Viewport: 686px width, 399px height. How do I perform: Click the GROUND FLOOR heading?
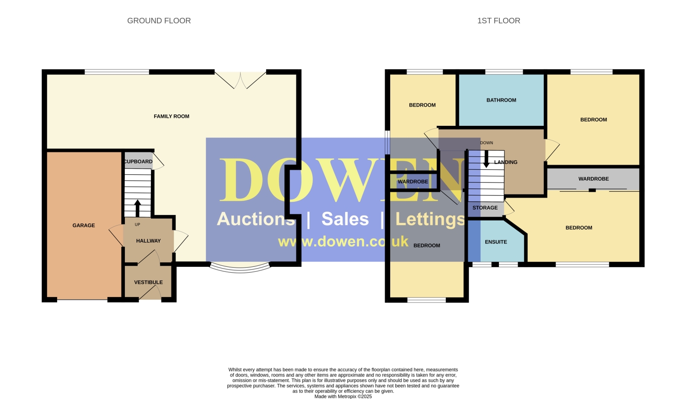[159, 21]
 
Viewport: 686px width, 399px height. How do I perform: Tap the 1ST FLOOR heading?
[498, 21]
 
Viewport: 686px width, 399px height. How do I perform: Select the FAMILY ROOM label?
[171, 117]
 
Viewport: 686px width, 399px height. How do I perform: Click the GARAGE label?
[84, 226]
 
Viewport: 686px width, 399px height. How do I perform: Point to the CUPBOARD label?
[138, 162]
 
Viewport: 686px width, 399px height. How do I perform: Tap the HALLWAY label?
[148, 241]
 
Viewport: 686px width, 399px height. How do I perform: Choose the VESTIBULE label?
[148, 282]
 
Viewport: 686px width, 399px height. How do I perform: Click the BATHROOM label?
[501, 100]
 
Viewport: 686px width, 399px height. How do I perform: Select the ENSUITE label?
[496, 242]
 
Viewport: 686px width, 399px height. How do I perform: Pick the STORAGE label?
[485, 208]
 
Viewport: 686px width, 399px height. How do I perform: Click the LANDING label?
[506, 162]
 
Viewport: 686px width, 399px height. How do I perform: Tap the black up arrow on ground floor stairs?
[138, 208]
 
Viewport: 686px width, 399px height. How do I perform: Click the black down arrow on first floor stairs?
[486, 159]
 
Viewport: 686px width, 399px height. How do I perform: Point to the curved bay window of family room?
[240, 269]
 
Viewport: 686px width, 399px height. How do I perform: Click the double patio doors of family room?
[241, 80]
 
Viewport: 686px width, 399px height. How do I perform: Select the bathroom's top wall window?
[504, 72]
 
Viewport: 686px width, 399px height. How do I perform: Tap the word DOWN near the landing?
[487, 143]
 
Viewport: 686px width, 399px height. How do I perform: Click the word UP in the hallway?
[138, 225]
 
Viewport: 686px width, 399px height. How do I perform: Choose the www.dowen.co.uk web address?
[343, 242]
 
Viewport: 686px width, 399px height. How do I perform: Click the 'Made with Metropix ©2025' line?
[343, 397]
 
